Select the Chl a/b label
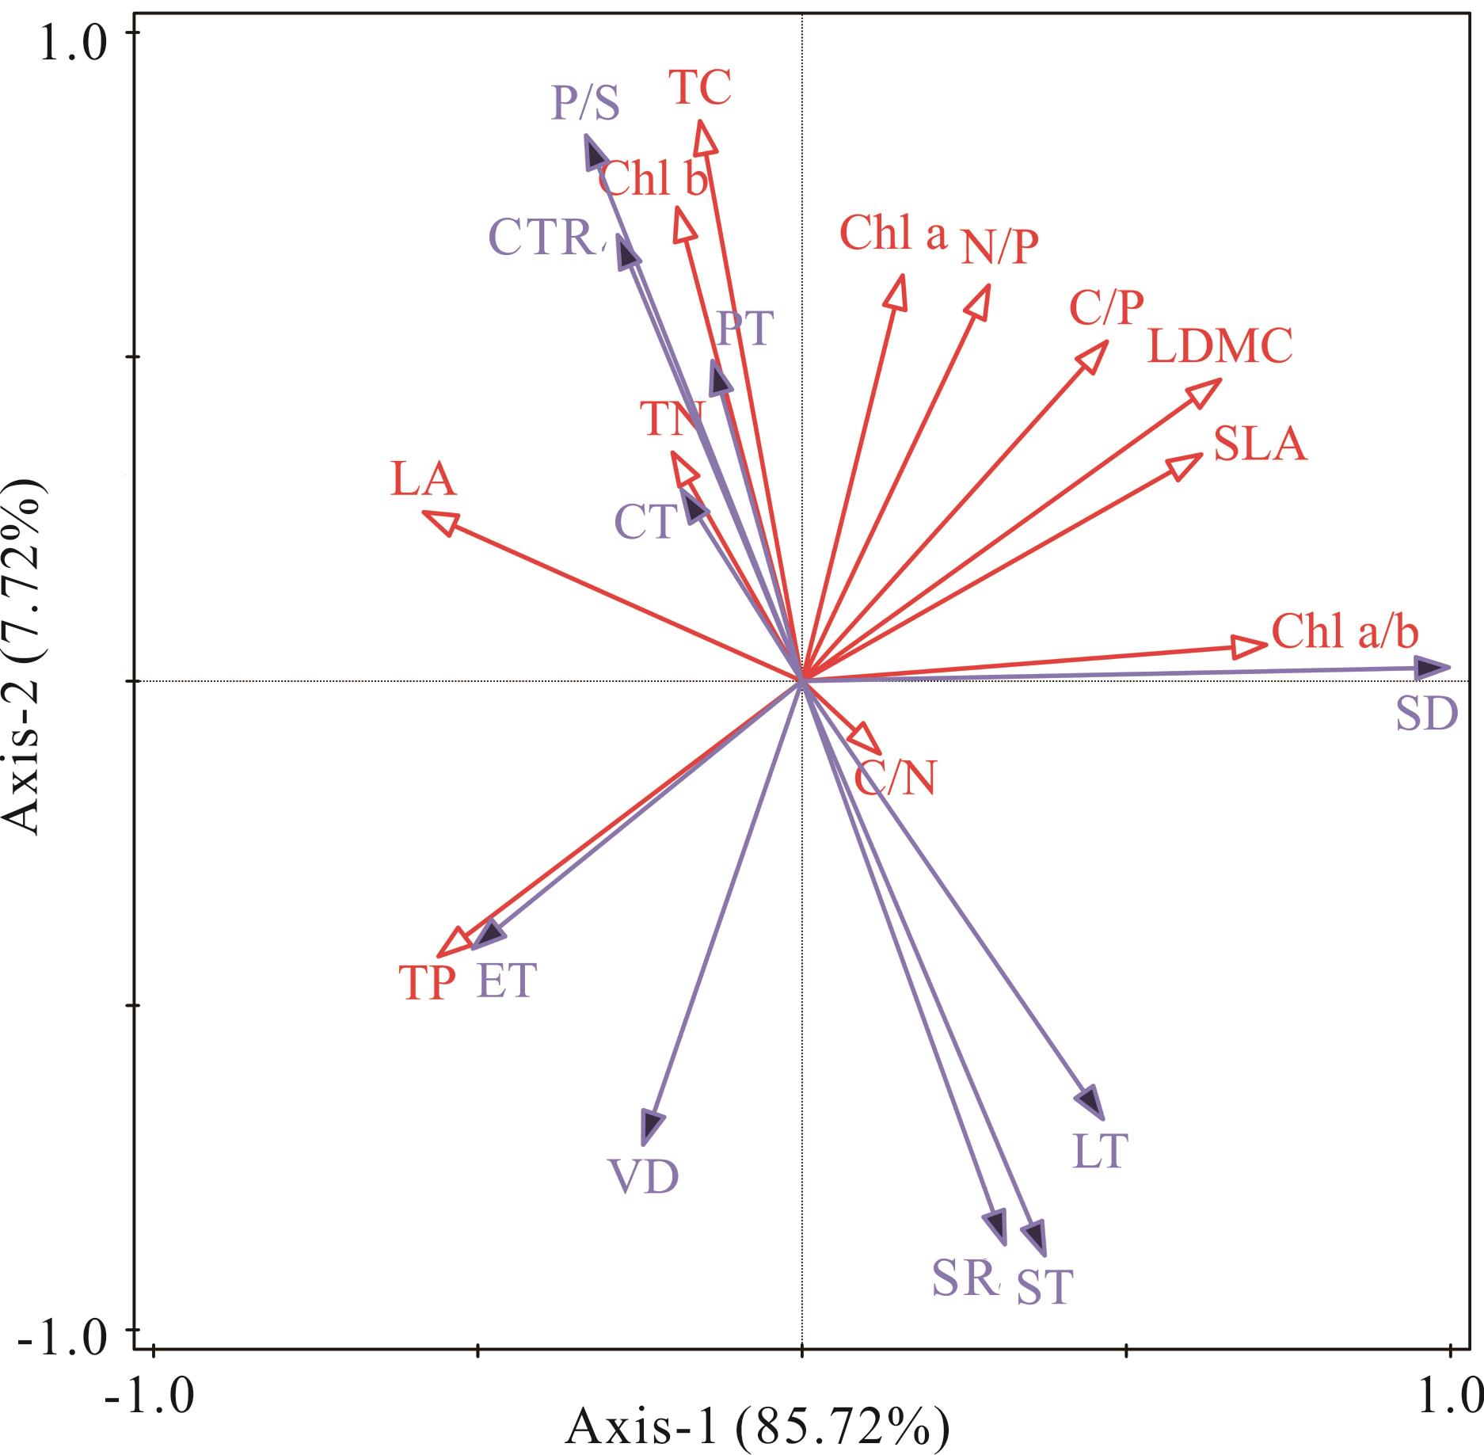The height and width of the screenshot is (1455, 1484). [x=1345, y=632]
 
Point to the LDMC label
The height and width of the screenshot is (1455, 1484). [x=1220, y=346]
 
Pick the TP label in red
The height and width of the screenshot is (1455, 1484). [x=428, y=984]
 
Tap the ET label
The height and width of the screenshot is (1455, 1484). [x=506, y=981]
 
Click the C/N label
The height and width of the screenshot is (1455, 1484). [x=895, y=779]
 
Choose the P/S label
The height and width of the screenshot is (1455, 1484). [x=585, y=103]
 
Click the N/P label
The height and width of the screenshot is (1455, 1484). [x=999, y=247]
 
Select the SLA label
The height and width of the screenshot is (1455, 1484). [x=1259, y=444]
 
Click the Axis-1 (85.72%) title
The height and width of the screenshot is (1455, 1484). [x=756, y=1426]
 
